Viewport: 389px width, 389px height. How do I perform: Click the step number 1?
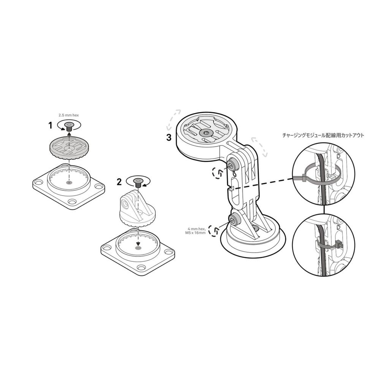pos(50,125)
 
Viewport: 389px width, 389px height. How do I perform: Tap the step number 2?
pos(119,182)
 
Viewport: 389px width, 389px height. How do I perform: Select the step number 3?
pos(169,138)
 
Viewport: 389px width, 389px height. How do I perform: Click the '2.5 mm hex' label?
pos(69,115)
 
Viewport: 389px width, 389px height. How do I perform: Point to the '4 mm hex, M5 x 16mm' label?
pos(197,231)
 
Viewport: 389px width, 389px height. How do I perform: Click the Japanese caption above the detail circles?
pos(323,135)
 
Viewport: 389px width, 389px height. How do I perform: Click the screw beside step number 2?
pos(137,183)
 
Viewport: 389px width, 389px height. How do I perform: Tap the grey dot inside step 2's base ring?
pos(138,248)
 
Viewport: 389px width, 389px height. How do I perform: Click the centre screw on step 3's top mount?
pos(206,133)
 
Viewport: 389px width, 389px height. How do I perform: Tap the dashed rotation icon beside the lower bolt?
pos(214,231)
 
